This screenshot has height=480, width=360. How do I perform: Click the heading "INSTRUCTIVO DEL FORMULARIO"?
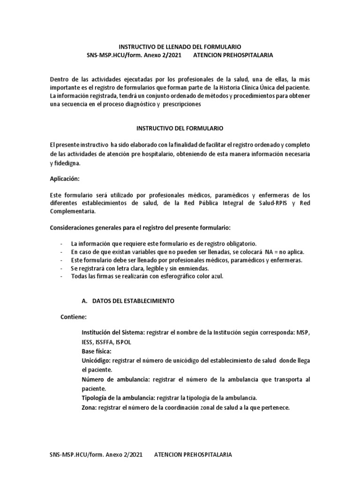click(x=180, y=127)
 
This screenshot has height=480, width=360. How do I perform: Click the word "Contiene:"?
click(x=74, y=317)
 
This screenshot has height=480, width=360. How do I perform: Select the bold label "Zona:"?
click(x=89, y=407)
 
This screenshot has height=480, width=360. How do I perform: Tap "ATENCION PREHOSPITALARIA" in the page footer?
click(x=193, y=455)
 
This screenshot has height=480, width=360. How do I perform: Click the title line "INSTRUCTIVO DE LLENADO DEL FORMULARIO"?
click(x=180, y=47)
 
